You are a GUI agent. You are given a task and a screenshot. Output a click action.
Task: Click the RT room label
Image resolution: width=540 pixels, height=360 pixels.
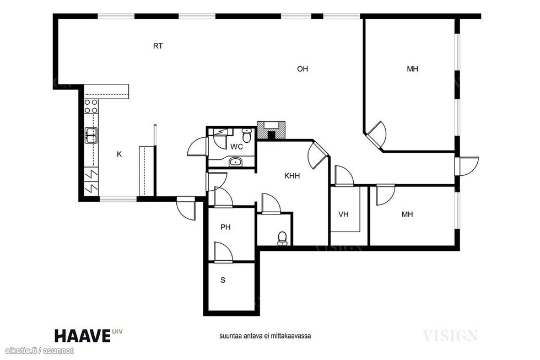158,46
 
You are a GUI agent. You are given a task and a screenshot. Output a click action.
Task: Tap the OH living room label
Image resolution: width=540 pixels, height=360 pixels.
303,69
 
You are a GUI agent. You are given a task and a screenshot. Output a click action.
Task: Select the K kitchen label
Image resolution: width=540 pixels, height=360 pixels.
119,154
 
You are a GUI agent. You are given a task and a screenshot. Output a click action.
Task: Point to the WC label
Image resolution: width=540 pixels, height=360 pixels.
236,147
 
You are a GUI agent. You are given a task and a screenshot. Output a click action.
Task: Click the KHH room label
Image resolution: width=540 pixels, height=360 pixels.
292,176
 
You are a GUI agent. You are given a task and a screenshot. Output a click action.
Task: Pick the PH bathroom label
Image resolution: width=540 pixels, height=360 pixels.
225,227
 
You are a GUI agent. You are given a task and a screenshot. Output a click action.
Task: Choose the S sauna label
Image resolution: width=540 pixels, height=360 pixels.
223,280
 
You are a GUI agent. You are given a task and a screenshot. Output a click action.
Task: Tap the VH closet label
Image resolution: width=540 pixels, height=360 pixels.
343,214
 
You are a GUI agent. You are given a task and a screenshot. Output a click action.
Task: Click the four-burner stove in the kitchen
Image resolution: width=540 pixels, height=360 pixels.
91,106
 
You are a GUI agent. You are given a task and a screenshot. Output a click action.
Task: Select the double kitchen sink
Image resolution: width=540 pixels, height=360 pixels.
91,136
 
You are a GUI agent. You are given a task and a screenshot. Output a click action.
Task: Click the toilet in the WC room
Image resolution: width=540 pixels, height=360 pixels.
247,136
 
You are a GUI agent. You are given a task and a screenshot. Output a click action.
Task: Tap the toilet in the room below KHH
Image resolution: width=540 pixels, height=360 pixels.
282,239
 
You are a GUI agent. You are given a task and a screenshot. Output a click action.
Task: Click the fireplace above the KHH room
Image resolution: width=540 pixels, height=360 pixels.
271,130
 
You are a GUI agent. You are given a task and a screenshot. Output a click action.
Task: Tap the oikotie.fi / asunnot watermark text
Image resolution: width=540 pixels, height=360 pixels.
37,351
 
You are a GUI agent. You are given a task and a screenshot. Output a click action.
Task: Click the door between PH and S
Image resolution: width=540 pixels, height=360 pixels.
223,252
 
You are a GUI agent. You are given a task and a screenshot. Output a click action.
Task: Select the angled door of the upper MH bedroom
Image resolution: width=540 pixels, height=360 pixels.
376,135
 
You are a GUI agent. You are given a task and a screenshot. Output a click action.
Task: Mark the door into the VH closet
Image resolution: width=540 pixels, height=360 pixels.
344,176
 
